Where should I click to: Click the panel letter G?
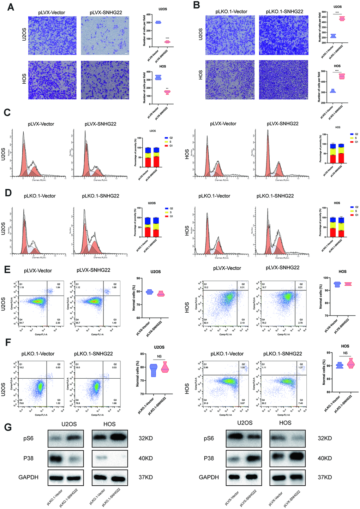tap(8, 427)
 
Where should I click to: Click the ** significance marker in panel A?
tap(167, 88)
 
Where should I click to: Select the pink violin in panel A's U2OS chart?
tap(167, 42)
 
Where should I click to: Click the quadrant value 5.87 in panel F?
tap(243, 403)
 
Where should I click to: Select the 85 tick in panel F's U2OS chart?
tap(142, 354)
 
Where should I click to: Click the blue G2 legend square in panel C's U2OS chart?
tap(166, 138)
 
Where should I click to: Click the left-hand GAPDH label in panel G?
tap(28, 478)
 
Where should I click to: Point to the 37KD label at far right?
tap(324, 478)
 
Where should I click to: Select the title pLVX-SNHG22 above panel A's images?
tap(106, 12)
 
